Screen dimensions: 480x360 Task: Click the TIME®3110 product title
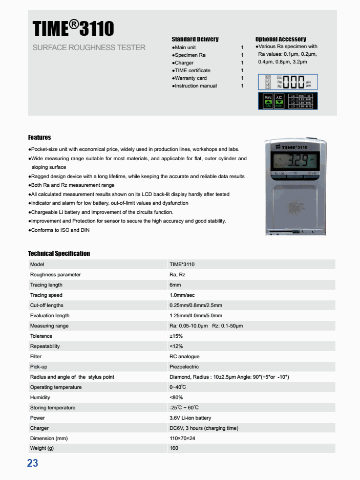(x=73, y=29)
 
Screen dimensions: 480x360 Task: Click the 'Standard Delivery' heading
(x=195, y=39)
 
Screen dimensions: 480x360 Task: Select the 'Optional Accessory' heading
(x=281, y=39)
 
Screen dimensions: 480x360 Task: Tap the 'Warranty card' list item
(x=190, y=78)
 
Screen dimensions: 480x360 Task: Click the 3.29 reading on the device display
(x=295, y=163)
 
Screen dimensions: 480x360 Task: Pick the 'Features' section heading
(x=39, y=138)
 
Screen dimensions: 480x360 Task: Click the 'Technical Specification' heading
(x=59, y=254)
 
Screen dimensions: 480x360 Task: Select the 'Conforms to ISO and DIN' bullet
(x=60, y=230)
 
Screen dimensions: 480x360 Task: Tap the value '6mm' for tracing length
(x=175, y=285)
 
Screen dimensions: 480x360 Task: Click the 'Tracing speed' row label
(x=46, y=295)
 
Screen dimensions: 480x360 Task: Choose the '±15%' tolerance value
(x=176, y=336)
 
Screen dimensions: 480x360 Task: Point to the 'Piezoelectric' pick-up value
(x=184, y=367)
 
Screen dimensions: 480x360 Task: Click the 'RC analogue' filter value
(x=184, y=357)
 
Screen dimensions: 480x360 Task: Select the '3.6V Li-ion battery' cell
(x=190, y=418)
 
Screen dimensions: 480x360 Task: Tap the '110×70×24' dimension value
(x=182, y=439)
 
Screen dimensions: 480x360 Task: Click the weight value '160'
(x=174, y=449)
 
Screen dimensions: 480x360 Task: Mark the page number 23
(x=33, y=464)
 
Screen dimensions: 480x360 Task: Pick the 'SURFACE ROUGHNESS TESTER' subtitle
(x=89, y=48)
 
